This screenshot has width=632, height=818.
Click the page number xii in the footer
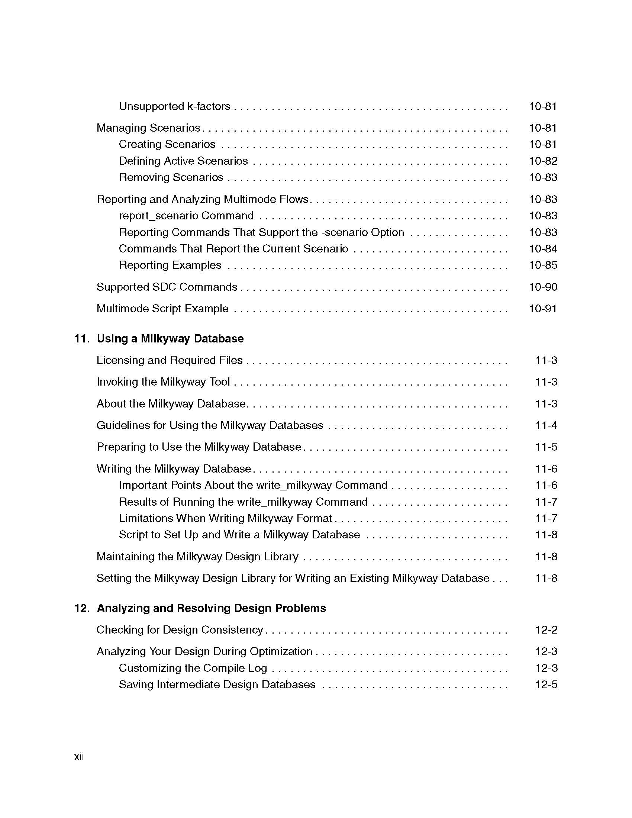point(79,757)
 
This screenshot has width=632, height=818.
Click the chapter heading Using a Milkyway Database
point(170,339)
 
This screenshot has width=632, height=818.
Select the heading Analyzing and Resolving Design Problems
point(211,608)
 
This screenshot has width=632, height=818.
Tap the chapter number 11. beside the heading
point(82,339)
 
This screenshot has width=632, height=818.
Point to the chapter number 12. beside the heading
point(82,608)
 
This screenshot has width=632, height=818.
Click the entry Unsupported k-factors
point(174,106)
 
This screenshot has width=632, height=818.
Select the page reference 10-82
point(543,161)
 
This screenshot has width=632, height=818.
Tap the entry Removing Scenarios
point(171,177)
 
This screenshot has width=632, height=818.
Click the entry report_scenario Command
point(186,216)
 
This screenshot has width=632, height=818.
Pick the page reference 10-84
point(543,249)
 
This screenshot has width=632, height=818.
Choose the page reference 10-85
point(543,265)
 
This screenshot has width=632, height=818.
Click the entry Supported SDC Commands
point(167,287)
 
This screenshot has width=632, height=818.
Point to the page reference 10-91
point(543,309)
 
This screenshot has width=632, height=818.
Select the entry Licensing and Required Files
point(170,360)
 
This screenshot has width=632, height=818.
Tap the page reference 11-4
point(546,425)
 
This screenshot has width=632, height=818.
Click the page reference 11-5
point(546,447)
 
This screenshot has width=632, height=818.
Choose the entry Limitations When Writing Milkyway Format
point(225,518)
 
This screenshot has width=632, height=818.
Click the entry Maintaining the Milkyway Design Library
point(197,557)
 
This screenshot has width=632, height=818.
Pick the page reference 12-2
point(546,630)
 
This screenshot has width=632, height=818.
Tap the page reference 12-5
point(546,685)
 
